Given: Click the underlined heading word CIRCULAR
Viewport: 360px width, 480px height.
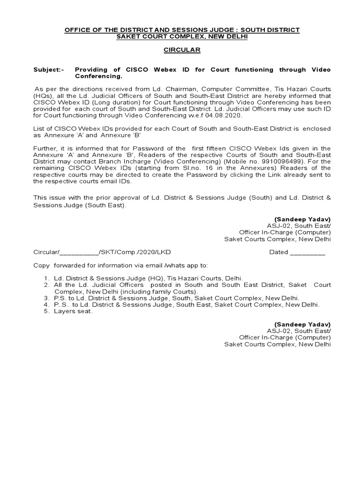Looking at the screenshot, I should pos(181,50).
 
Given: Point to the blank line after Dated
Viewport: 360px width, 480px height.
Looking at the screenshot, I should pos(307,252).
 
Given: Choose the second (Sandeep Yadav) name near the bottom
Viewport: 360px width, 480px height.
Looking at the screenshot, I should pos(302,324).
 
